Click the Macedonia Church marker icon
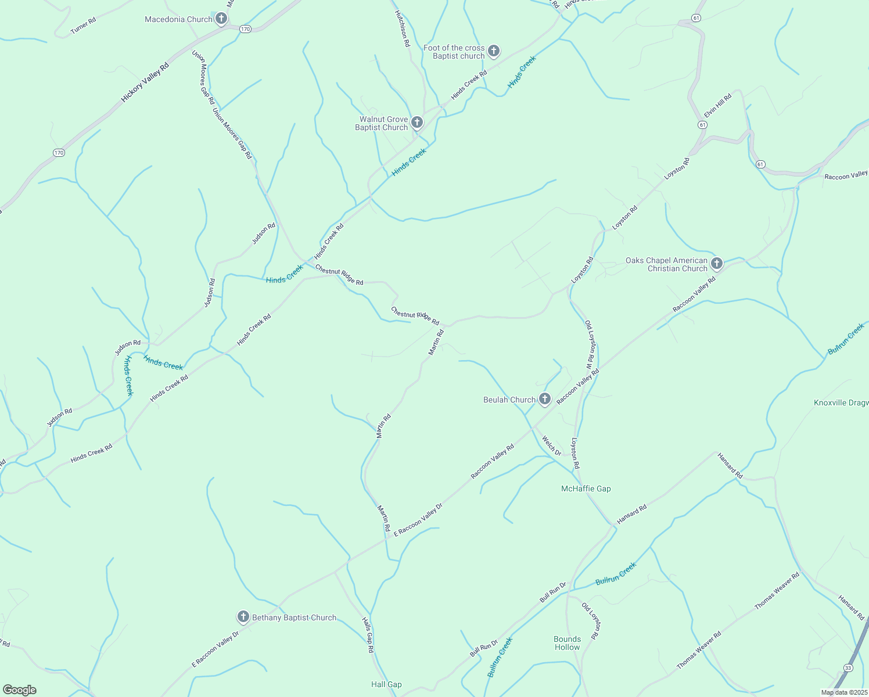221,19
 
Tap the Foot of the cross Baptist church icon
493,52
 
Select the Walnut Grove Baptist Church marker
416,123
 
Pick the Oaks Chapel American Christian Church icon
716,264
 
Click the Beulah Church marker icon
544,399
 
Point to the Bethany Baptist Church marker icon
243,617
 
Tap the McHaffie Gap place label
586,488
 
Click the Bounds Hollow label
567,643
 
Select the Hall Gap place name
386,684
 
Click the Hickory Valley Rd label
145,82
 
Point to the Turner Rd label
83,26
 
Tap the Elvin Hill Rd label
718,105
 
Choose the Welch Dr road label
551,445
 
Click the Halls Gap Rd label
368,635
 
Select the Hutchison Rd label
403,28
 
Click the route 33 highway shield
848,668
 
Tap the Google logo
19,690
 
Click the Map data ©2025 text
843,692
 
